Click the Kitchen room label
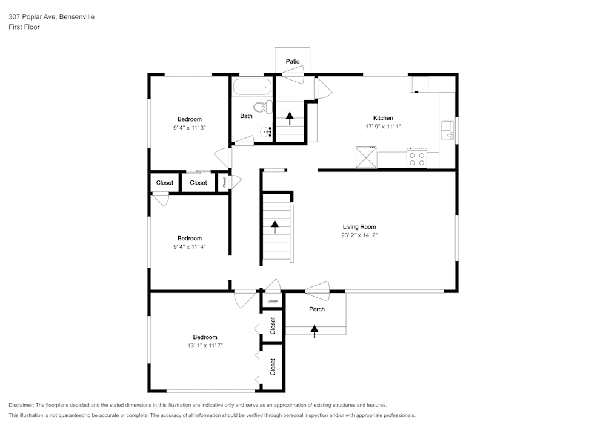[x=383, y=118]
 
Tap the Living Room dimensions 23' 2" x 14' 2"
[x=360, y=235]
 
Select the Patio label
[x=293, y=61]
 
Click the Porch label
[x=317, y=309]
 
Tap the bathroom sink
[x=265, y=131]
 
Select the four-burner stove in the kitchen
[x=417, y=159]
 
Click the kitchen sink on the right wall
[x=448, y=130]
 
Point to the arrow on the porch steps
[x=315, y=330]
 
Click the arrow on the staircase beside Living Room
[x=275, y=226]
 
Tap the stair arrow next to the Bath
[x=290, y=117]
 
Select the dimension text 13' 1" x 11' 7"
[x=205, y=346]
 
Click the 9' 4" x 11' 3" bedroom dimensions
[x=190, y=128]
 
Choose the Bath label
[x=246, y=116]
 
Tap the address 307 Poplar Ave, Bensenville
[x=52, y=17]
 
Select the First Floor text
[x=24, y=27]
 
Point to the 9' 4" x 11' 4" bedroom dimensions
[x=190, y=246]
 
